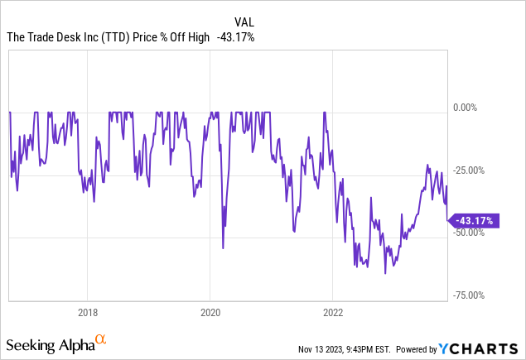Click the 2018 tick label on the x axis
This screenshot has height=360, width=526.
[x=88, y=313]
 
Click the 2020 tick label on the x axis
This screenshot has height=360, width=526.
[x=210, y=313]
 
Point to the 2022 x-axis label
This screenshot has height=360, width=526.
[x=332, y=313]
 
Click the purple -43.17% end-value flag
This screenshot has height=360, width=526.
[x=473, y=220]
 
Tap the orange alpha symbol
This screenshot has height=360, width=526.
[x=101, y=339]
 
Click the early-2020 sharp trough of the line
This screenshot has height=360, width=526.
[x=223, y=247]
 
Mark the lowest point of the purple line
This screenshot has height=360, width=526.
[x=385, y=273]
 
